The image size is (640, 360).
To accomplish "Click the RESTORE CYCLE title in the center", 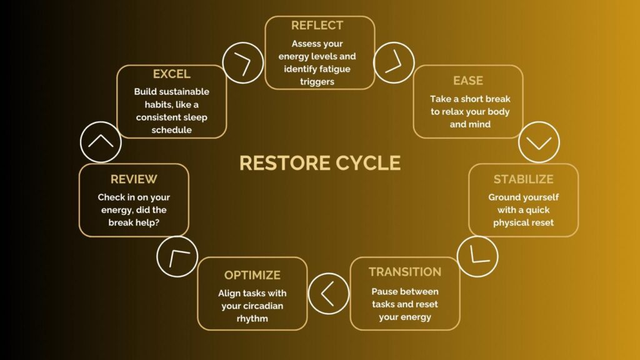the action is [320, 163].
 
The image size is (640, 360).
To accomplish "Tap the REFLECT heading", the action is [317, 25].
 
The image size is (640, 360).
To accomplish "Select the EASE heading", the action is [468, 81].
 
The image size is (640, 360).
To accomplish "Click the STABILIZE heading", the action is [523, 179].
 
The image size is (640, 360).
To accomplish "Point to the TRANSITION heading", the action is [405, 272].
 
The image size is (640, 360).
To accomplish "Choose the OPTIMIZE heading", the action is [252, 275].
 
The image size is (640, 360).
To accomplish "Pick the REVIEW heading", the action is [134, 179].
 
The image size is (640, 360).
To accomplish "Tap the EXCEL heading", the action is [171, 74].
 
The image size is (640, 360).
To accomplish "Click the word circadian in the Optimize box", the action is [263, 306].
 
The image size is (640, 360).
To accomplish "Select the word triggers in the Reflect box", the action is [317, 82].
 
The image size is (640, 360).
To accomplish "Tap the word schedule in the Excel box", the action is [171, 130].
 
